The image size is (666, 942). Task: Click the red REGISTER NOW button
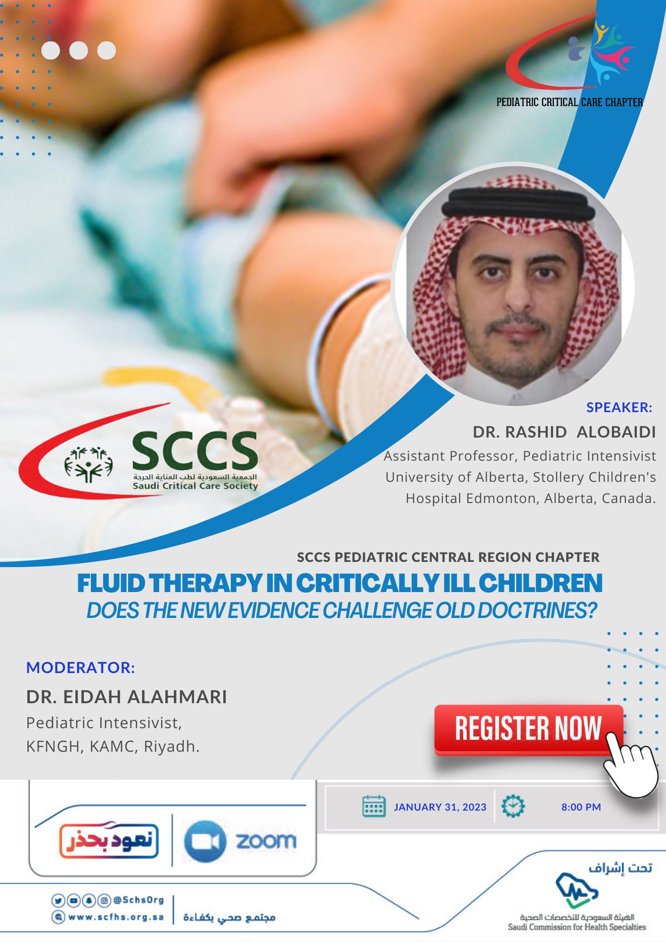tap(528, 729)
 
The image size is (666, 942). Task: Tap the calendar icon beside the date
tap(374, 806)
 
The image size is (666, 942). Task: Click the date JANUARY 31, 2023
tap(440, 807)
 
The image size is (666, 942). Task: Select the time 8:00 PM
tap(581, 807)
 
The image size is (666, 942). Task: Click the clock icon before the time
tap(513, 806)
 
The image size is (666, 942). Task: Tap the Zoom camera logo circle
tap(204, 841)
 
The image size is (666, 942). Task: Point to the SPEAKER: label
tap(619, 407)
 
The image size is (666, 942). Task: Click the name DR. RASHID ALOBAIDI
tap(564, 432)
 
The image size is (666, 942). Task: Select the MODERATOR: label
tap(81, 667)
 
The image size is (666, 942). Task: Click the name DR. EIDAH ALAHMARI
tap(126, 697)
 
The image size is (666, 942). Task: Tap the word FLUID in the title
tap(111, 583)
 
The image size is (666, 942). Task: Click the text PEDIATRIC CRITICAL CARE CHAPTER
tap(569, 102)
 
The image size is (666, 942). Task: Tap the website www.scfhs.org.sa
tap(116, 917)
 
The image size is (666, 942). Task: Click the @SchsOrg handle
tap(138, 900)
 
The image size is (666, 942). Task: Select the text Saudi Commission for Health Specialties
tap(577, 927)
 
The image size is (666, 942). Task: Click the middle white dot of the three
tap(79, 50)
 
